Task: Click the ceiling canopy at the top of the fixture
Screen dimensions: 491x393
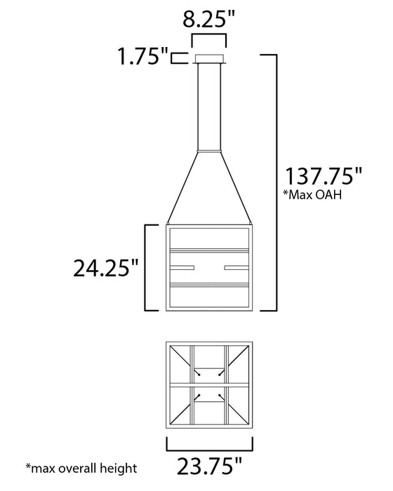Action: pos(209,58)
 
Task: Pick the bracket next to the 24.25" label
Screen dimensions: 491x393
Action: pos(147,267)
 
